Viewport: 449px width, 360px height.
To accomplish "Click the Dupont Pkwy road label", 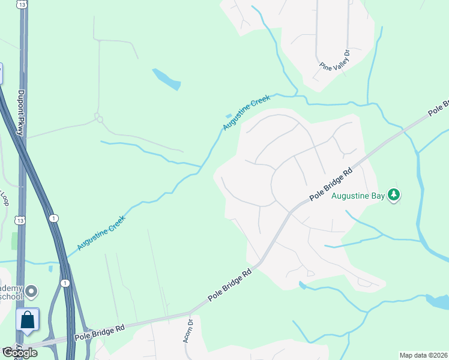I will click(20, 113).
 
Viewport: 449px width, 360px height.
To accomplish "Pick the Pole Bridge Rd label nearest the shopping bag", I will click(100, 332).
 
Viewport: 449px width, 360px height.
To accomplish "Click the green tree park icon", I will click(394, 194).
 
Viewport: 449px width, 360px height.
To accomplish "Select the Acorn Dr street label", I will click(189, 330).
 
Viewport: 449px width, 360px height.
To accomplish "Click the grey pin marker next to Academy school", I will click(32, 292).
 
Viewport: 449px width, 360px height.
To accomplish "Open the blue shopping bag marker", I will click(28, 319).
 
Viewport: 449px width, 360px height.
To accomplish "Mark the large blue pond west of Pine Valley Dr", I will click(166, 79).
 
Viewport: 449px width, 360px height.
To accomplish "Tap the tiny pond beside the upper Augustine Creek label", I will click(228, 115).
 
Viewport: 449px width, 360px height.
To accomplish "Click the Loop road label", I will click(4, 199).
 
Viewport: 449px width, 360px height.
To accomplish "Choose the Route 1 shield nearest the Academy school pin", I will click(65, 283).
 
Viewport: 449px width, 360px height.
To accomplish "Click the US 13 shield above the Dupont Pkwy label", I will click(22, 4).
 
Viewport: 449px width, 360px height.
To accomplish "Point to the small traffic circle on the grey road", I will click(100, 119).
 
